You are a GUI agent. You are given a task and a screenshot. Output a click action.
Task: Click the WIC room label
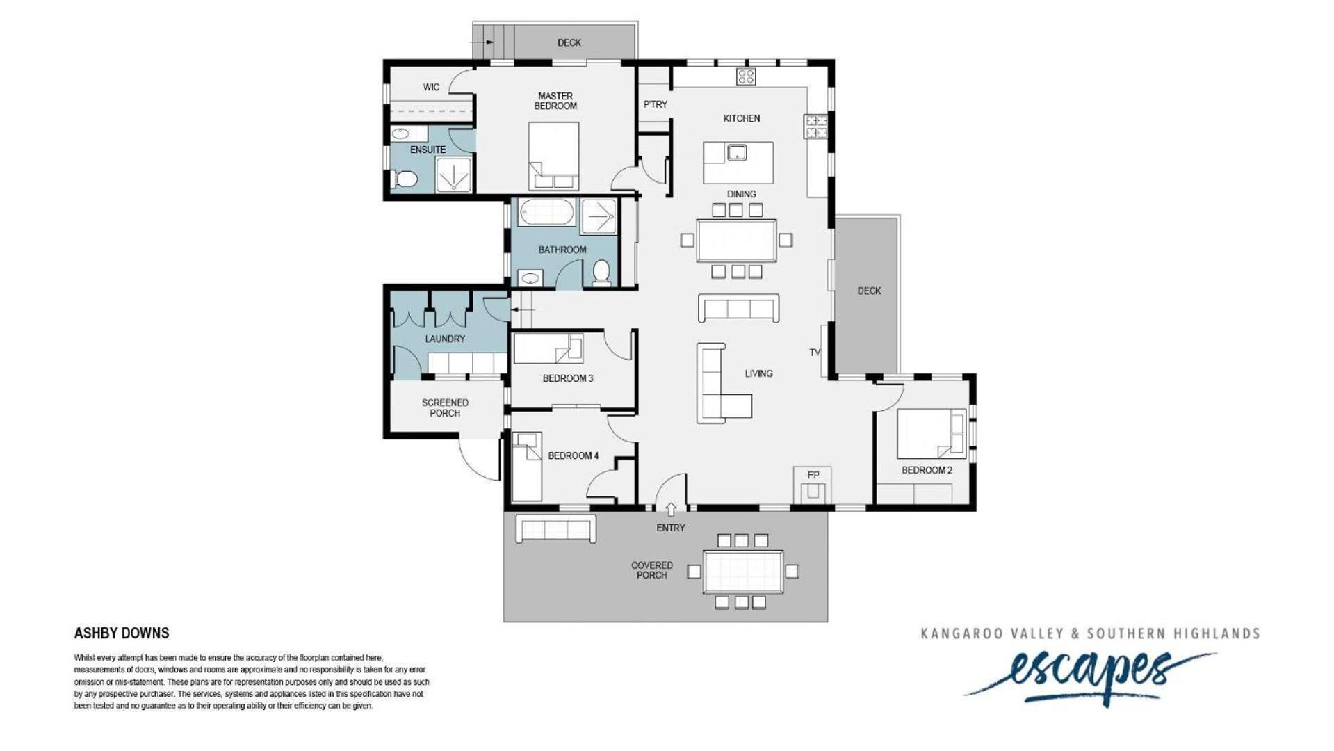[x=431, y=87]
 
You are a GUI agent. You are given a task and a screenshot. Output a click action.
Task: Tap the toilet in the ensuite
[x=404, y=179]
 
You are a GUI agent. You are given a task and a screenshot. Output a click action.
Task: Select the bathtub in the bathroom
[x=546, y=212]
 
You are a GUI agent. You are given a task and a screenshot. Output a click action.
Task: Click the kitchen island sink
[x=737, y=152]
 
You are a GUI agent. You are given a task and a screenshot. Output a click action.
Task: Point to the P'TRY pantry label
[x=655, y=104]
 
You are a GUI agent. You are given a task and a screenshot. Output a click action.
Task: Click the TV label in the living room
[x=815, y=353]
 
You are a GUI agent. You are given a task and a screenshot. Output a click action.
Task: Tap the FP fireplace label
[x=813, y=475]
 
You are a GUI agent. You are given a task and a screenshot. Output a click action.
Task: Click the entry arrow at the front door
[x=671, y=510]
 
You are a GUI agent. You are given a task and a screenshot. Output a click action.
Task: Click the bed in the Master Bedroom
[x=554, y=156]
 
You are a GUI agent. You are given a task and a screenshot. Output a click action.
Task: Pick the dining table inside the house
[x=736, y=240]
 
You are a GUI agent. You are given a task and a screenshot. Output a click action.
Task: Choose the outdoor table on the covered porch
[x=743, y=572]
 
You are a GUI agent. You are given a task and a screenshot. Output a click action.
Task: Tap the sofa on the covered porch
[x=555, y=528]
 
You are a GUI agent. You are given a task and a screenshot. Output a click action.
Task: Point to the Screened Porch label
[x=445, y=407]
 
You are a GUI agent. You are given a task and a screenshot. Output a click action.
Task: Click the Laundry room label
[x=445, y=339]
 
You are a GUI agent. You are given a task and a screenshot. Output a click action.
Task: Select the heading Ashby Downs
[x=122, y=633]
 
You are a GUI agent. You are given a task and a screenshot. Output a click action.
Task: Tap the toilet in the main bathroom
[x=601, y=273]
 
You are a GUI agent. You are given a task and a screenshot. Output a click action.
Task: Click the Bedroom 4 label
[x=573, y=455]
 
